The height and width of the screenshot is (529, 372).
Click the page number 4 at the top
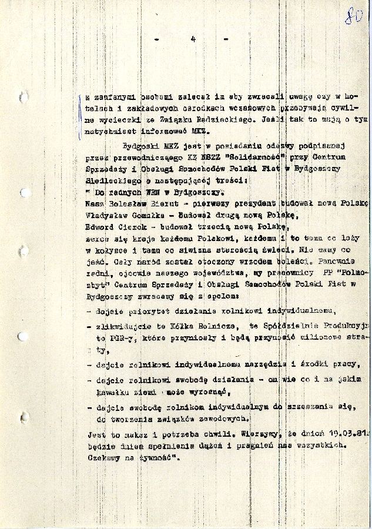tap(192, 39)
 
